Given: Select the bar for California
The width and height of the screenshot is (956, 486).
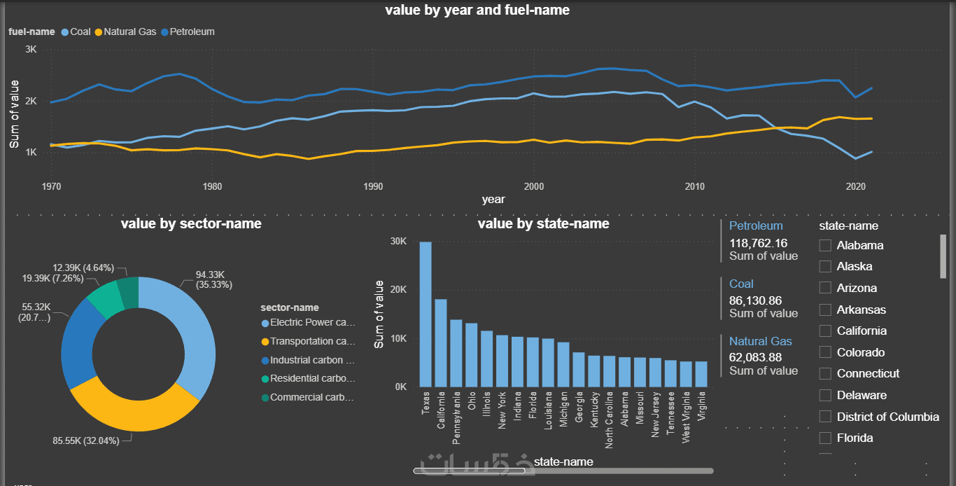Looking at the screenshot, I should [x=441, y=342].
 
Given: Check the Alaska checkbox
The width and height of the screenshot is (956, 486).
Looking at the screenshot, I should [x=826, y=267].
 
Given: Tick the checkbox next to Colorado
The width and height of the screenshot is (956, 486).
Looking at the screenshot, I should [x=826, y=353].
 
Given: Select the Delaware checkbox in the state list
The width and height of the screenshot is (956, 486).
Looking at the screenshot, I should [x=826, y=396].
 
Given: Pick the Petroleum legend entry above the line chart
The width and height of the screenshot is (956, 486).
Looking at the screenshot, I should [x=188, y=32].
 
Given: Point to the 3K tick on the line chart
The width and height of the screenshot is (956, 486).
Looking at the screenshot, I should [x=31, y=50].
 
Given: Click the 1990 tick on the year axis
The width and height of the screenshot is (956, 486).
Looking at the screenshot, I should [x=373, y=187].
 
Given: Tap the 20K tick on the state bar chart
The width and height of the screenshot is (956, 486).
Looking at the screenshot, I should [x=398, y=290].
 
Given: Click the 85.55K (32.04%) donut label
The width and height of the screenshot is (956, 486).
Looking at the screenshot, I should [x=86, y=441].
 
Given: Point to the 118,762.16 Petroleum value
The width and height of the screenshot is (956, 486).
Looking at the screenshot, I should [x=758, y=243].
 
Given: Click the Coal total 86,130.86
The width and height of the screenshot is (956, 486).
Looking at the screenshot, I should [x=756, y=300].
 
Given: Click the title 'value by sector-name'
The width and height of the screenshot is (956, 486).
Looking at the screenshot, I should [x=191, y=224].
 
